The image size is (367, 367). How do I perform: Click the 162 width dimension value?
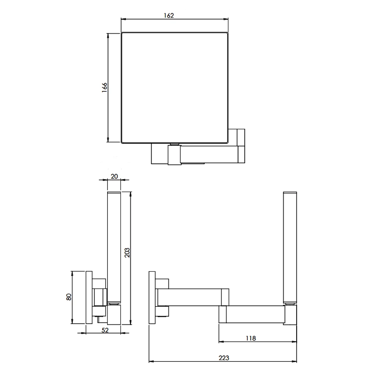click(169, 15)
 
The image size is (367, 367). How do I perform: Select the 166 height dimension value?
click(104, 88)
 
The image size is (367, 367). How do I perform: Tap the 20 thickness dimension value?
click(114, 176)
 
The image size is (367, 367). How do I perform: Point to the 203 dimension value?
click(127, 252)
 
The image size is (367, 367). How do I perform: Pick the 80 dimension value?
click(69, 297)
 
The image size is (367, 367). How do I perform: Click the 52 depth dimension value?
click(105, 330)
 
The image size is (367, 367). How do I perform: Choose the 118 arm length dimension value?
click(251, 338)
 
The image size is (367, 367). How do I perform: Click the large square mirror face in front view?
click(174, 87)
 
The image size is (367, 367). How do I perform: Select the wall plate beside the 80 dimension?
click(88, 298)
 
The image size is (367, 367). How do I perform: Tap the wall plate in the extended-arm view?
click(152, 298)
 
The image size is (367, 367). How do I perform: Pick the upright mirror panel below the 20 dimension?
click(113, 246)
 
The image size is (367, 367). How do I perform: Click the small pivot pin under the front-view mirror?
click(174, 144)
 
